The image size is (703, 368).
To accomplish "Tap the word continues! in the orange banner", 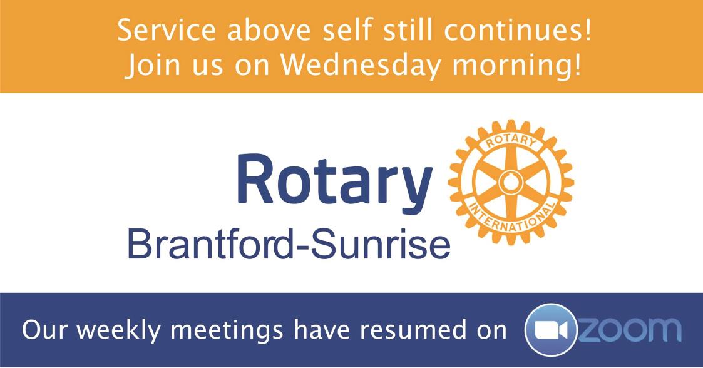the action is tap(517, 31).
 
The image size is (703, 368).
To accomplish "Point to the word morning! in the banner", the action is tap(516, 66).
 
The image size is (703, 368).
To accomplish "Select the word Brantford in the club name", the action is tap(210, 243).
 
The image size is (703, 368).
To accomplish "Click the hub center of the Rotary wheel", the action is tap(511, 182).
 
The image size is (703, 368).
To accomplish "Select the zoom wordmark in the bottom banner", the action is tap(630, 329).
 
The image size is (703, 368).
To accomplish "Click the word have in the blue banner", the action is tap(322, 330).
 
